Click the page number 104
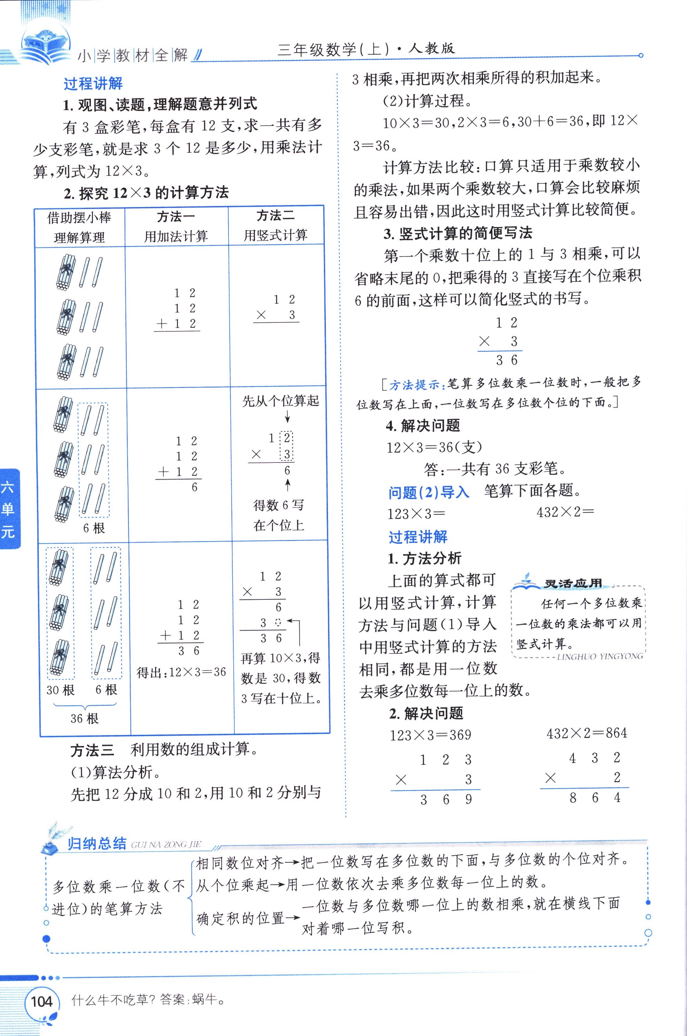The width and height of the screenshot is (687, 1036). (x=42, y=1001)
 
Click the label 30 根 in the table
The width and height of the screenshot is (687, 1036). (x=60, y=690)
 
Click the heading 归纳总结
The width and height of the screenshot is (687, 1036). (x=97, y=844)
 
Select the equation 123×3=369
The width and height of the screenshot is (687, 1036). (x=430, y=735)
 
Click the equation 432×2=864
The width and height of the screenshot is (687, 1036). (x=587, y=733)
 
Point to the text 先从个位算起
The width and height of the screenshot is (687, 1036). (x=280, y=401)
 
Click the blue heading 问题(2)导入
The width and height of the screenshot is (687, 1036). (x=428, y=492)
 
